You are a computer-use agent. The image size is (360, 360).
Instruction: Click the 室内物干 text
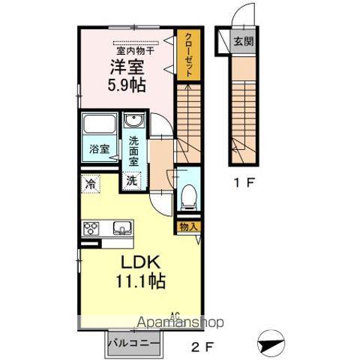coord(136,49)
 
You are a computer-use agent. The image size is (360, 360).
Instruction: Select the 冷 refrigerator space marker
coord(91,181)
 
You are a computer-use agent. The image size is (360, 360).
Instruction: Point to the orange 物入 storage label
coord(187,225)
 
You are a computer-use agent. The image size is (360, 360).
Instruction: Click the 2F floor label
coord(199,346)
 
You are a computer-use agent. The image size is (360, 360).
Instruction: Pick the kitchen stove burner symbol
coord(91,229)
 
